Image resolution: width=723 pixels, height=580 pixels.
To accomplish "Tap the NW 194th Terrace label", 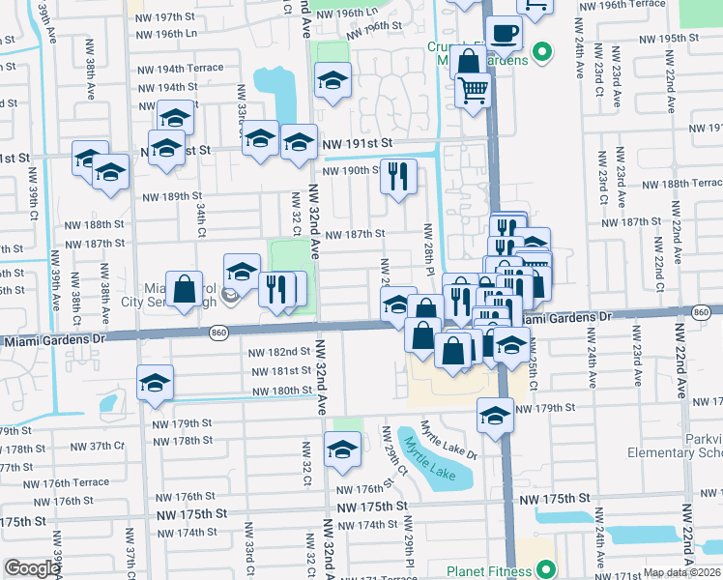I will click(180, 69).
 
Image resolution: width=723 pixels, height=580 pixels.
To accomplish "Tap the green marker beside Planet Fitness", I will click(544, 570).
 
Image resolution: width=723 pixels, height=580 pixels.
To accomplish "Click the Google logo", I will click(32, 568).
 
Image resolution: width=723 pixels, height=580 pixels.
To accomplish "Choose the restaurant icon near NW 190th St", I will click(398, 176).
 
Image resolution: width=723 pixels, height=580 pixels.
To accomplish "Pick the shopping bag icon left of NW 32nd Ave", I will click(184, 288).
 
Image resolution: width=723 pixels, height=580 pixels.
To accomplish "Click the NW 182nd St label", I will click(278, 353).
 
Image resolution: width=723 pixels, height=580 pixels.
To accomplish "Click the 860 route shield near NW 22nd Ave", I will click(703, 311).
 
